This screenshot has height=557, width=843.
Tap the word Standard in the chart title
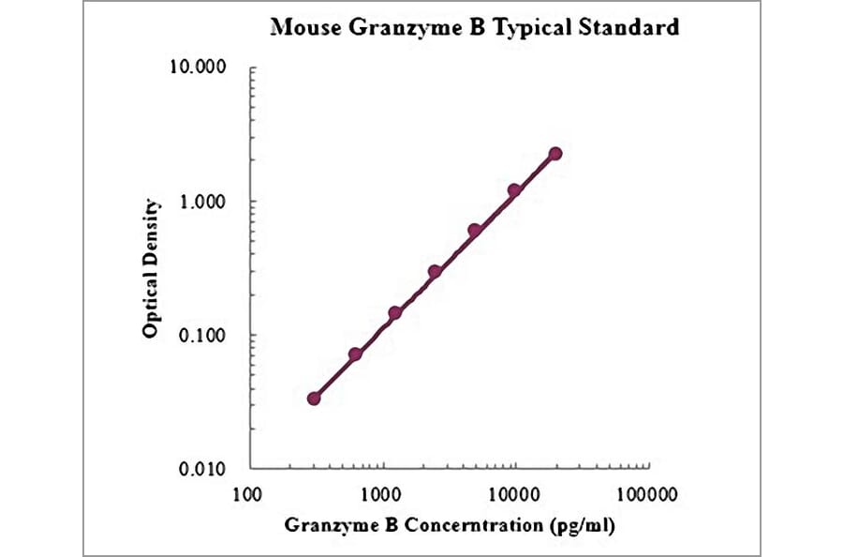pyautogui.click(x=632, y=27)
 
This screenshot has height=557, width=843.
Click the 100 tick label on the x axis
pyautogui.click(x=247, y=492)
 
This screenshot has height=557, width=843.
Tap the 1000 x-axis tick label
pyautogui.click(x=380, y=492)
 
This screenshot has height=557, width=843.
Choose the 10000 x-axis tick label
pyautogui.click(x=513, y=492)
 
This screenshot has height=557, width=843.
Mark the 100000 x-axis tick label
pyautogui.click(x=646, y=492)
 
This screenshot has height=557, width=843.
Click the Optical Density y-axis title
pyautogui.click(x=150, y=268)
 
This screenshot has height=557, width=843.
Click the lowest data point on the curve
pyautogui.click(x=314, y=399)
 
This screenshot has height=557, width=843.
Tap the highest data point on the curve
pyautogui.click(x=555, y=154)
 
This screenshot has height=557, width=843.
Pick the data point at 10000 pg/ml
pyautogui.click(x=514, y=190)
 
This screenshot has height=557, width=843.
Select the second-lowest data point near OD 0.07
pyautogui.click(x=355, y=354)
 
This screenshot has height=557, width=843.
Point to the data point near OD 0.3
pyautogui.click(x=435, y=272)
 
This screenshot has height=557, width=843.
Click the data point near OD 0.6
pyautogui.click(x=475, y=231)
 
